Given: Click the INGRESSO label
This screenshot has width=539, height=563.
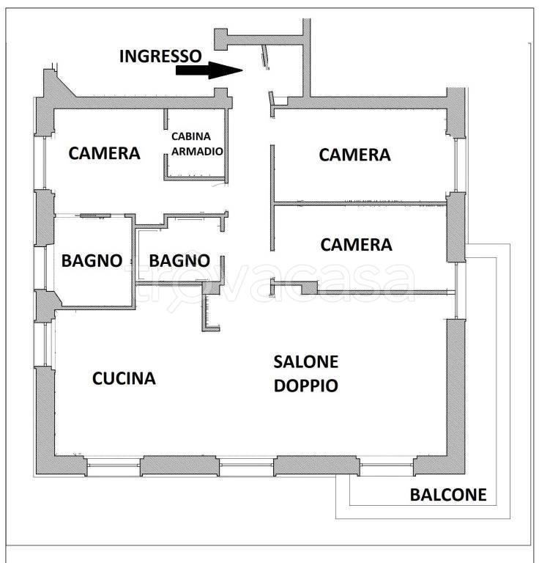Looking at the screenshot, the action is coord(160,56).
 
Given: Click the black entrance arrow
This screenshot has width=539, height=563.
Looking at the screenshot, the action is coord(209,70).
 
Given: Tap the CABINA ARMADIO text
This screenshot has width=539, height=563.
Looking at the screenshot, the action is coord(197,144).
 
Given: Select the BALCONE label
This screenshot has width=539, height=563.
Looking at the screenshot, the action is coord(448,495).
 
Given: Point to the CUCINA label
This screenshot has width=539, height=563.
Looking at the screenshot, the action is coord(124,378).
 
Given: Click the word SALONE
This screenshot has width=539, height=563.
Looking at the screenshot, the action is coord(306,362).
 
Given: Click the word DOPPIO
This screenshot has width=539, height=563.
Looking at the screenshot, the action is coord(306,386).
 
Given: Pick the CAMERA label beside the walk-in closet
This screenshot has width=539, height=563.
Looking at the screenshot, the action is coord(104,153).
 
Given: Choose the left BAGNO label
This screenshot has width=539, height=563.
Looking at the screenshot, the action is coord(92,261).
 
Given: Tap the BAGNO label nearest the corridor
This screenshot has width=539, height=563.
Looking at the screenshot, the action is coord(179,261).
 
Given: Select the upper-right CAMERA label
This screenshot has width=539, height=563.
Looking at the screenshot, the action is coord(354,155).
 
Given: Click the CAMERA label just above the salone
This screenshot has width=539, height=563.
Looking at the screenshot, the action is coord(356,245).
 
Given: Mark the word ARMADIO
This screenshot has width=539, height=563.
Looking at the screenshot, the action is coord(197,151).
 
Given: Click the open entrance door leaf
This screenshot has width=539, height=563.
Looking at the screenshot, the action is coord(265,56).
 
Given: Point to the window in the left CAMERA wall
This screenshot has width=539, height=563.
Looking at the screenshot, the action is coord(45,163).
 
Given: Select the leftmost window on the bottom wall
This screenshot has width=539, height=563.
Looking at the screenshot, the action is coord(114,465).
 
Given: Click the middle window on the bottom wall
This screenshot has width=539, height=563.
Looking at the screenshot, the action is coord(246,465).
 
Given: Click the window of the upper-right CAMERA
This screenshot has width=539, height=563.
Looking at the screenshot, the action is coord(456,164).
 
